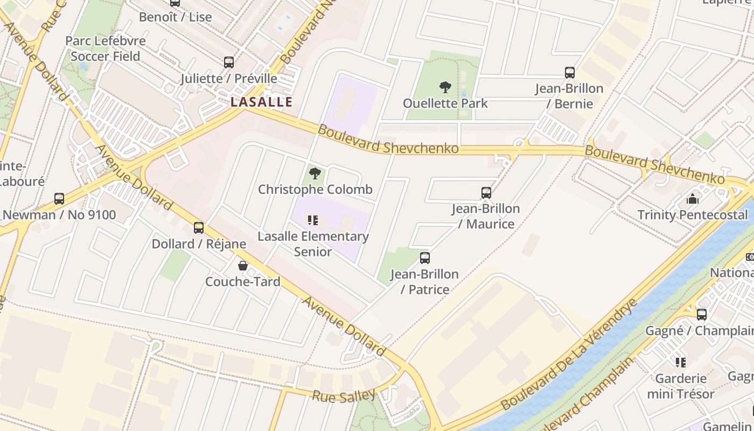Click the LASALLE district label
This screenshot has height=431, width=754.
point(262,102)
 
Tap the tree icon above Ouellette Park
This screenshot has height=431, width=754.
point(445,87)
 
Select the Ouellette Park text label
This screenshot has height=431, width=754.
point(445,103)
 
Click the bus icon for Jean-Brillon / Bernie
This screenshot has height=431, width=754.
point(569,72)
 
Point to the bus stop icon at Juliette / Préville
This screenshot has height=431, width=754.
point(229,62)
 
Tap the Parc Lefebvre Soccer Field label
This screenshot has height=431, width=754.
point(105,48)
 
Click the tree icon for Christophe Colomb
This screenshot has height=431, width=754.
point(315,173)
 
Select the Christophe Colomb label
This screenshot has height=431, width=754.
point(315,190)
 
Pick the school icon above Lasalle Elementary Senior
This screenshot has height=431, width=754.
point(312,220)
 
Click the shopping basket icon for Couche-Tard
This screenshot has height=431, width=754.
point(243,266)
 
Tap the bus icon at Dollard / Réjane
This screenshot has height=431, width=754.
point(199,227)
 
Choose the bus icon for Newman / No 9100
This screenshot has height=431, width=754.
point(59,198)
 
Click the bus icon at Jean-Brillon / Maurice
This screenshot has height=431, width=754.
point(486,192)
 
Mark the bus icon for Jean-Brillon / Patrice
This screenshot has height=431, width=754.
point(425,258)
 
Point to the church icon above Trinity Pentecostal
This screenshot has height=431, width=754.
point(693,199)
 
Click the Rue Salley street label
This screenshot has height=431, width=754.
point(344,396)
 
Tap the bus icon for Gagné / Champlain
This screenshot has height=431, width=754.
point(701,314)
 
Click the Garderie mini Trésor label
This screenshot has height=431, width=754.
point(681,386)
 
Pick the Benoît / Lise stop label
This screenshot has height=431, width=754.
point(176,17)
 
